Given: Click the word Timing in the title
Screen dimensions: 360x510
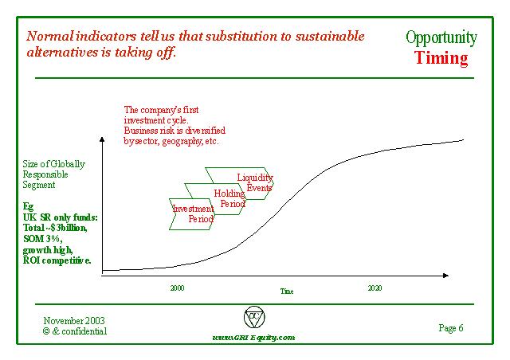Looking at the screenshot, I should [441, 58].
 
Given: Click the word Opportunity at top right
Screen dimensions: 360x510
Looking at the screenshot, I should [441, 37].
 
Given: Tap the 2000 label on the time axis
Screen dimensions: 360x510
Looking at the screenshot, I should [177, 288].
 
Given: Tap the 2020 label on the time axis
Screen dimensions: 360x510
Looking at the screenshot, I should [375, 288].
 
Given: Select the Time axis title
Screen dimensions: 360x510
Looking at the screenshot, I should [287, 292].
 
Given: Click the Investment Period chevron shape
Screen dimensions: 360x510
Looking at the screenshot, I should [191, 213].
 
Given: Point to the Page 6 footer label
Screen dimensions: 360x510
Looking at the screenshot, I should [451, 327].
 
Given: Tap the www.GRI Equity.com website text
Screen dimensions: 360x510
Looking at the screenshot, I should [253, 338].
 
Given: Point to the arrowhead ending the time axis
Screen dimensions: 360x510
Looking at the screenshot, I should [450, 276].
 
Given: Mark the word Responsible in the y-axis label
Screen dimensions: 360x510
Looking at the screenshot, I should [45, 174].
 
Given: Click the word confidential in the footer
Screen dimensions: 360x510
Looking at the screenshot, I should [84, 331].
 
